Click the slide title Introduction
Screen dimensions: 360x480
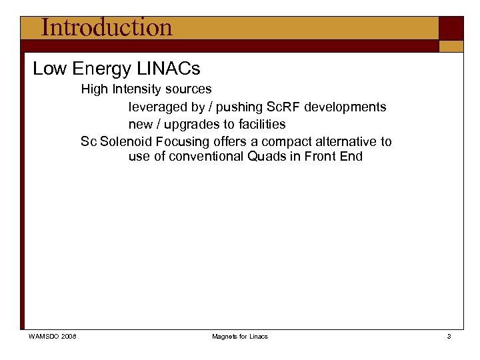[106, 27]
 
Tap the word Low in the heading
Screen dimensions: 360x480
[49, 69]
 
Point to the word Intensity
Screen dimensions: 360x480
[137, 89]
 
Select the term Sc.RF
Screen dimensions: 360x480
[283, 107]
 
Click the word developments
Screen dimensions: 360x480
[345, 107]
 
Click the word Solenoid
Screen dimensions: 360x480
[126, 141]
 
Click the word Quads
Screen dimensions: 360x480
[269, 157]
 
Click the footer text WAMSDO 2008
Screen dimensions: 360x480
[53, 337]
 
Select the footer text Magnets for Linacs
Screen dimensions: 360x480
[240, 337]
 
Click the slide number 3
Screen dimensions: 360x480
[449, 337]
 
